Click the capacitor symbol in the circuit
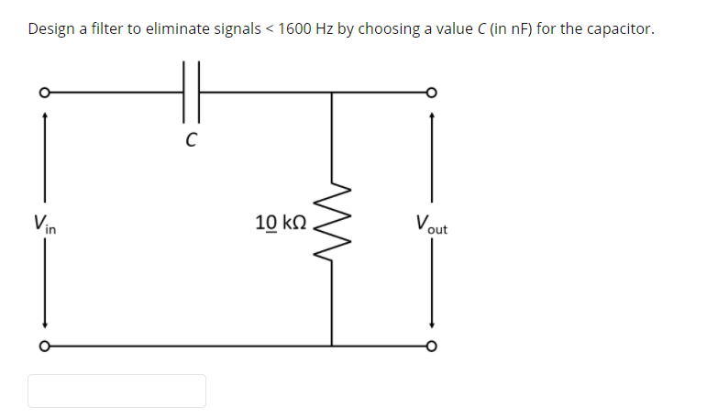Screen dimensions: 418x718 [191, 92]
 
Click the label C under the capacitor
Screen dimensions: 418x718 [191, 140]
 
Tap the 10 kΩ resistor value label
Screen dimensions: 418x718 [281, 222]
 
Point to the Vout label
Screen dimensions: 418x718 [431, 223]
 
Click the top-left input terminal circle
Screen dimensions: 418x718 [43, 93]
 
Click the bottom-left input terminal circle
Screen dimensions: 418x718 [43, 346]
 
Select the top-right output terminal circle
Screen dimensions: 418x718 [431, 93]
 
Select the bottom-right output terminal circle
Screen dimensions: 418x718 [431, 346]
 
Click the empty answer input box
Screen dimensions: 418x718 [116, 390]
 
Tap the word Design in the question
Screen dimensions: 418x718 [51, 29]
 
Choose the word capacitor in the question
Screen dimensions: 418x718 [619, 29]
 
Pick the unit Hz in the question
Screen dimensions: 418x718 [325, 29]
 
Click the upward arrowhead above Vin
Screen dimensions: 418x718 [43, 115]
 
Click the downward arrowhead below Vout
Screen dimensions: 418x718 [431, 325]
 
